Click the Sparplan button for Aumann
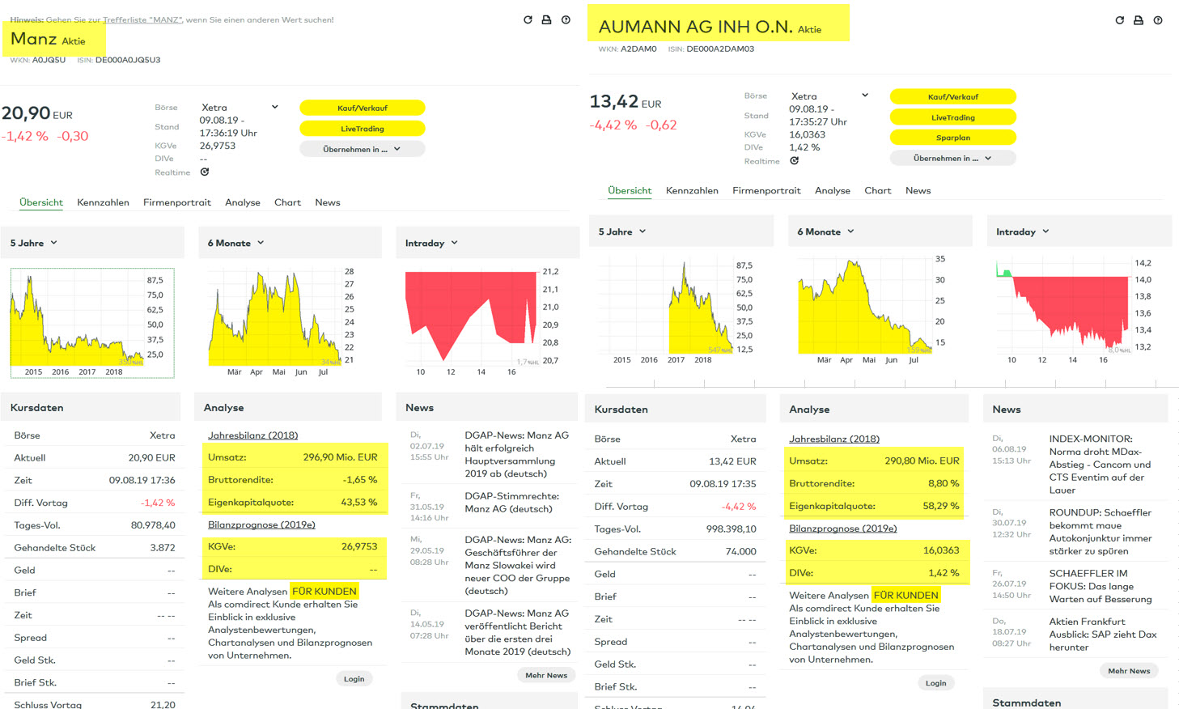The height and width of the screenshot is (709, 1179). [x=952, y=138]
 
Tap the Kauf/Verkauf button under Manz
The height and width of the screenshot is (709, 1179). [x=362, y=108]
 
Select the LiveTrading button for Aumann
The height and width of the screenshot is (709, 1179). [x=952, y=117]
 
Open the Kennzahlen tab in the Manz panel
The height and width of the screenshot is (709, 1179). [x=103, y=202]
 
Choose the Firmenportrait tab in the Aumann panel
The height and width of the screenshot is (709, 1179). [x=766, y=191]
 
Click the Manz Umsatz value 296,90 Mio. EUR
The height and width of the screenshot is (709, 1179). [x=340, y=457]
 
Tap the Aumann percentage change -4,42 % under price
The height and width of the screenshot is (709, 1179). [x=613, y=125]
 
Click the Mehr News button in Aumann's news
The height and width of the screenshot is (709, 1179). [x=1129, y=671]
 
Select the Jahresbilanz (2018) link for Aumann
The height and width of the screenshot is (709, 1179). [x=833, y=439]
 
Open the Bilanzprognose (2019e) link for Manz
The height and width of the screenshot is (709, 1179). [x=261, y=524]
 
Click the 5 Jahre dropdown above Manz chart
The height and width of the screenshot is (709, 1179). [x=33, y=243]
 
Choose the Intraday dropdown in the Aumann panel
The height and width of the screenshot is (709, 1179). [x=1022, y=231]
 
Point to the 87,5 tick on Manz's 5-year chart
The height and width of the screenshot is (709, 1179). [x=155, y=280]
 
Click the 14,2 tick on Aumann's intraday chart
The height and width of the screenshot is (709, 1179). [x=1143, y=263]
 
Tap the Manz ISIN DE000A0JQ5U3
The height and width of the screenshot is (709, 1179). [x=128, y=60]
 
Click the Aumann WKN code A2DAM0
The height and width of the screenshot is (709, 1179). [x=638, y=49]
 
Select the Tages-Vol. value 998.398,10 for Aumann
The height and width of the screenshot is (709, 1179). [x=731, y=529]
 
